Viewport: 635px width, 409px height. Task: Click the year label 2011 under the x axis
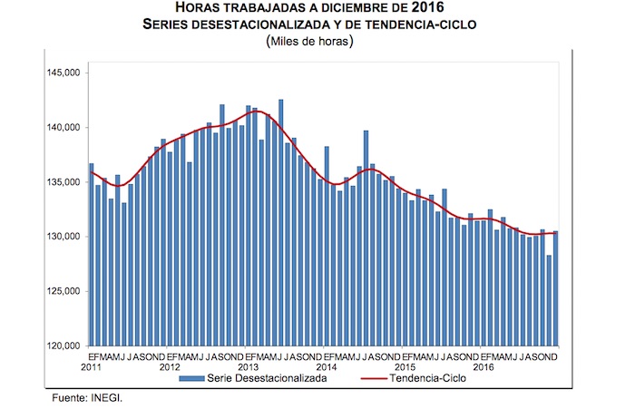click(91, 367)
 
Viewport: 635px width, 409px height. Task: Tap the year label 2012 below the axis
click(170, 367)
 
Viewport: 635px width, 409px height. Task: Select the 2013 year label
click(248, 367)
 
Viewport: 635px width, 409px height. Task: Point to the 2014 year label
click(326, 367)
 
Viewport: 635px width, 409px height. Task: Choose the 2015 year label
click(405, 367)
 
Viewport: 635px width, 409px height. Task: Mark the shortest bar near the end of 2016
click(549, 299)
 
